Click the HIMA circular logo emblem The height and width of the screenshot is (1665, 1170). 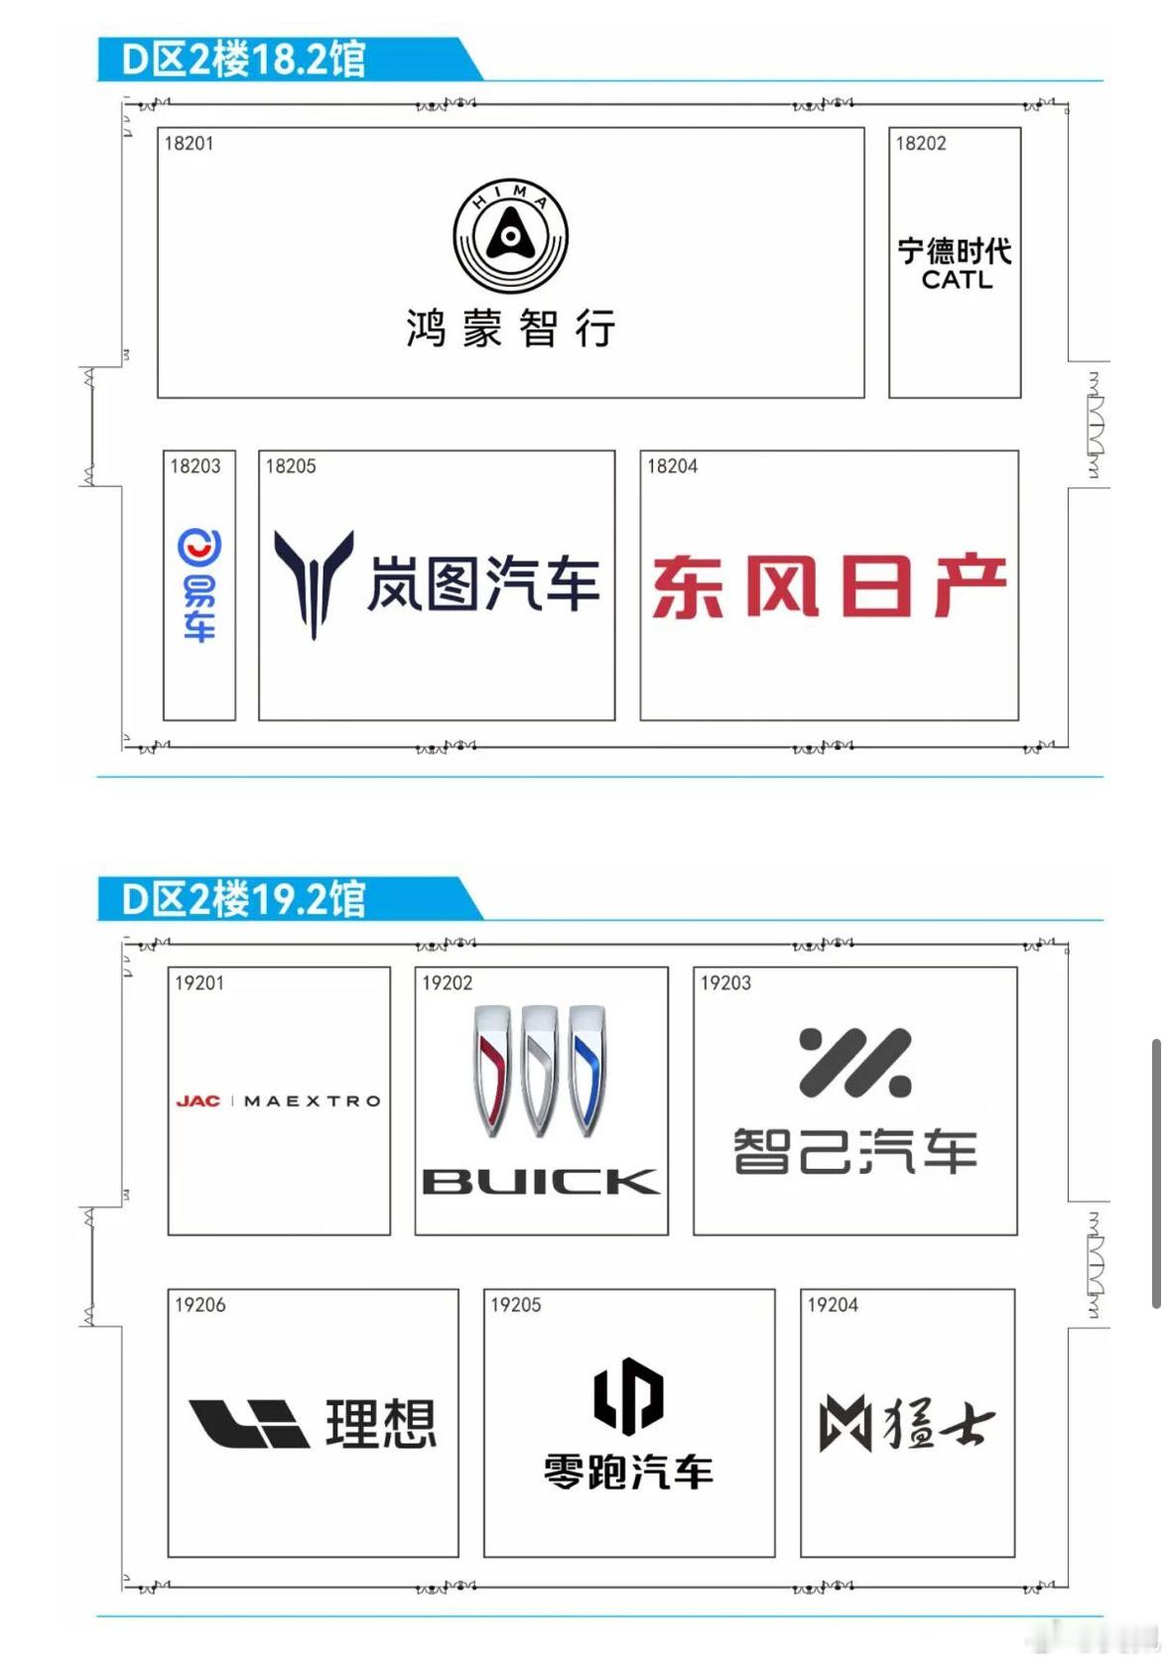pos(510,236)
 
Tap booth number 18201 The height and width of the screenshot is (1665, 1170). pos(189,143)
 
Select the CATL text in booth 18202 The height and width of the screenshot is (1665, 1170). pos(956,280)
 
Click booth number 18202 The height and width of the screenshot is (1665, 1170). pos(921,143)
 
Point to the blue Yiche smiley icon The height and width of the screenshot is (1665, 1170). pos(198,546)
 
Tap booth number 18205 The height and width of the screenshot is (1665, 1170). pos(291,465)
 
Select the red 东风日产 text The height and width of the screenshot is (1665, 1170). pos(829,586)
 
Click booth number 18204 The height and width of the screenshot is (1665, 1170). pos(672,465)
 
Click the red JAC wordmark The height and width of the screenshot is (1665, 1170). pos(197,1100)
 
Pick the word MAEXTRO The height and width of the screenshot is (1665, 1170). pos(312,1100)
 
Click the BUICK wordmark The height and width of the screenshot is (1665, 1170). pos(541,1181)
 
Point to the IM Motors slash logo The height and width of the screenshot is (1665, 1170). pos(854,1063)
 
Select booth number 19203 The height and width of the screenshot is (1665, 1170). pos(725,982)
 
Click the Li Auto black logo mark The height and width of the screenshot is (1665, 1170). pos(249,1423)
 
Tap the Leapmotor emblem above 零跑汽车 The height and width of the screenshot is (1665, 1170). pos(628,1395)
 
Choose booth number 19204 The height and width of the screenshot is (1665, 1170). pos(832,1304)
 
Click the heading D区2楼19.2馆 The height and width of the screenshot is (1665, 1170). pos(243,899)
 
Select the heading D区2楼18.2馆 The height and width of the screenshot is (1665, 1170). pos(243,60)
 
